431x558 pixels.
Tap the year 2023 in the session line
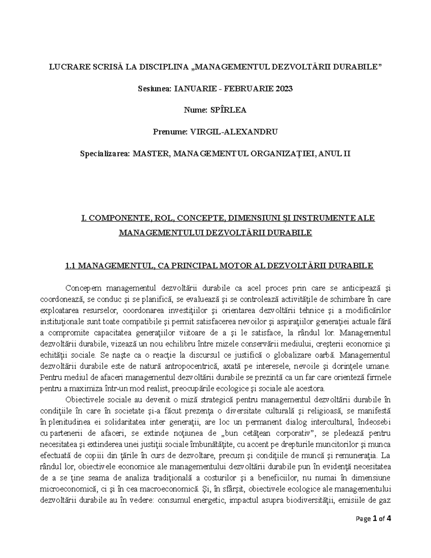tap(284, 88)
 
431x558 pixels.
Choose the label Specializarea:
tap(105, 154)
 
